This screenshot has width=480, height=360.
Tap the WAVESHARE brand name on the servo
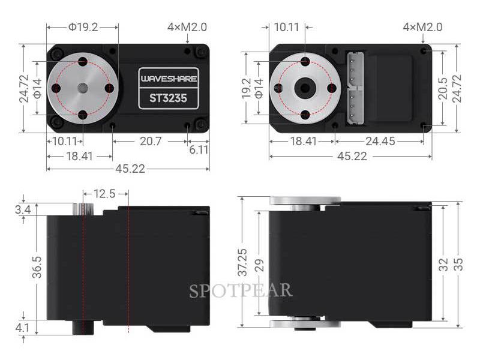pos(168,79)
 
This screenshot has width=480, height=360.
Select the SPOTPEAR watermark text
pos(241,291)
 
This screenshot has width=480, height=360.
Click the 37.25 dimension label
pos(241,262)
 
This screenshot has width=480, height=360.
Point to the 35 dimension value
pos(459,265)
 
